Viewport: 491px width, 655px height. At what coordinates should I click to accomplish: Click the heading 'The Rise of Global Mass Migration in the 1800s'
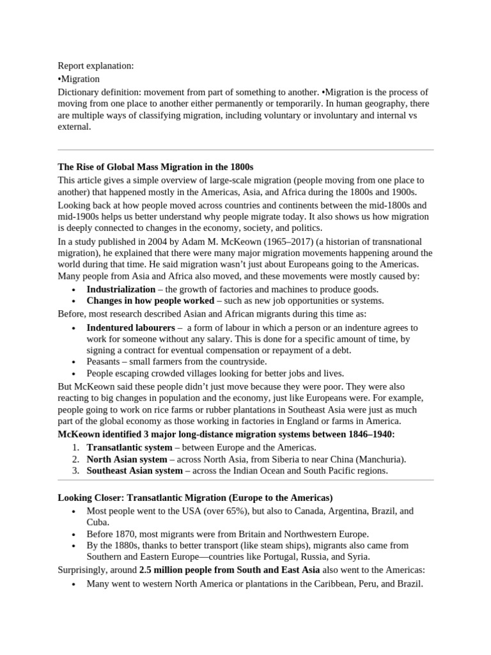click(x=156, y=168)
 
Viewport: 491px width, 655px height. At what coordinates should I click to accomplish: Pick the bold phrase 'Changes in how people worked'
click(x=150, y=301)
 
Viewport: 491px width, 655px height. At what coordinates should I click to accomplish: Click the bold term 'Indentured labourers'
click(x=130, y=327)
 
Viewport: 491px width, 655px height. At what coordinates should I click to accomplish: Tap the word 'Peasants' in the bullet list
click(x=105, y=362)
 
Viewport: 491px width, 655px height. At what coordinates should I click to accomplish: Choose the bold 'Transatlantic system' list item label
click(x=129, y=448)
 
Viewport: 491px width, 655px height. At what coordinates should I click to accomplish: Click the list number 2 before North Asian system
click(x=75, y=459)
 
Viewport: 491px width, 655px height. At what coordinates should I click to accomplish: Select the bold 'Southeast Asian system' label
click(x=134, y=471)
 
